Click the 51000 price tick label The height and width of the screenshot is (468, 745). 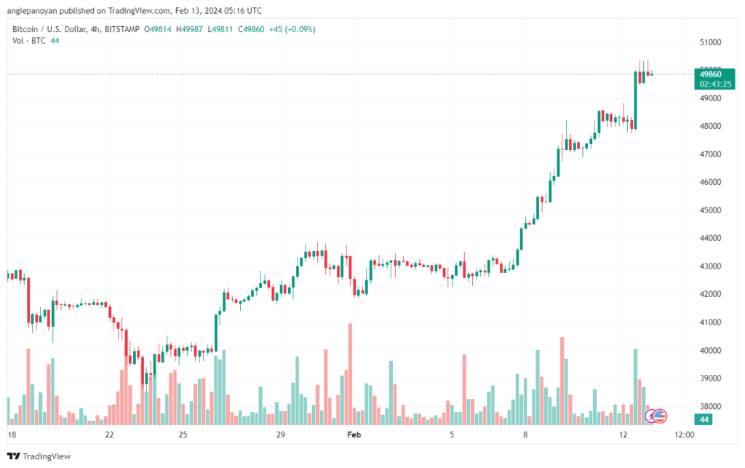710,42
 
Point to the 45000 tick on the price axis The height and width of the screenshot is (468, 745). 710,210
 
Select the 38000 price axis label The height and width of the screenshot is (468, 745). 710,406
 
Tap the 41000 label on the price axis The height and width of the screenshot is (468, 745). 710,322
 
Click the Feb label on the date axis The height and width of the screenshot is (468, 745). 354,435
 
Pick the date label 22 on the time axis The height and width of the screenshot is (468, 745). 110,435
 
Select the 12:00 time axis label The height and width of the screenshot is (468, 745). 684,435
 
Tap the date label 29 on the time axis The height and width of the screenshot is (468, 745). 281,435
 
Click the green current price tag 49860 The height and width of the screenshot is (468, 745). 710,74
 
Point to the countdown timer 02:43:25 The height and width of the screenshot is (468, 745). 715,84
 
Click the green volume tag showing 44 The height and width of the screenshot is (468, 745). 704,419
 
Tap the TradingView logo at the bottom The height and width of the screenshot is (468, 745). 39,456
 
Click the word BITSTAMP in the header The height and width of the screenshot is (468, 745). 121,29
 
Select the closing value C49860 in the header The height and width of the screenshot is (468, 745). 251,29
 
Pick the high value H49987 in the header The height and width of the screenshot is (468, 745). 190,29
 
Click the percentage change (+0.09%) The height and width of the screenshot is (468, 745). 300,29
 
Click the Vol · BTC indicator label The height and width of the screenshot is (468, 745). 29,41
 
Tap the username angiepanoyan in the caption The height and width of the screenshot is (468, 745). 32,10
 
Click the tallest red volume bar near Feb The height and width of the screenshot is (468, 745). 350,374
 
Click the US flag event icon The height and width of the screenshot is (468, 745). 660,416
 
